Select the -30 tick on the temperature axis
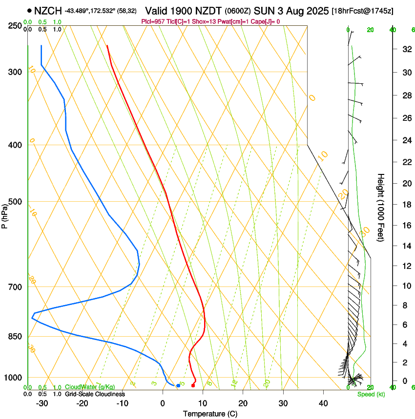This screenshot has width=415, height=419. [x=42, y=403]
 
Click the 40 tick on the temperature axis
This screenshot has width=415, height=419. [x=323, y=403]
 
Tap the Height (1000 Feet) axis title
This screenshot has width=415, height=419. [x=381, y=207]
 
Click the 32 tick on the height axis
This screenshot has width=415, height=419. [x=406, y=49]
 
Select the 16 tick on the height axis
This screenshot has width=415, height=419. [x=406, y=226]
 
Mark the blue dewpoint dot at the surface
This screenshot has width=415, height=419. [x=178, y=385]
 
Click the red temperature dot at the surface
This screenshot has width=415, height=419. [x=193, y=385]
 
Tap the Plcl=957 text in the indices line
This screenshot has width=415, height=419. [x=152, y=21]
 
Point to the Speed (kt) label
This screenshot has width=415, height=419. [x=371, y=394]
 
